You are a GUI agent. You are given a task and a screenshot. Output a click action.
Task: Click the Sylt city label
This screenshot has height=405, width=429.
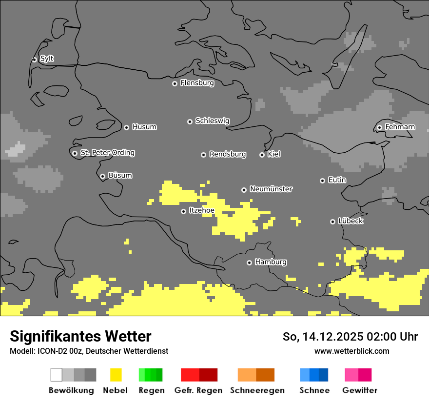(x=47, y=59)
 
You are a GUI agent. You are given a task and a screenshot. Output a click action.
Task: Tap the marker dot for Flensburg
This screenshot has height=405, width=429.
(x=175, y=83)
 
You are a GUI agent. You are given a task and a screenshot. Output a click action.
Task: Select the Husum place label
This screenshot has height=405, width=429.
(x=144, y=127)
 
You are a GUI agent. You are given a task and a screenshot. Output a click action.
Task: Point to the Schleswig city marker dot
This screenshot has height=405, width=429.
(x=190, y=121)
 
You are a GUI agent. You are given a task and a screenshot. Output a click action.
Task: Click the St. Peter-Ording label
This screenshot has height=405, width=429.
(x=107, y=153)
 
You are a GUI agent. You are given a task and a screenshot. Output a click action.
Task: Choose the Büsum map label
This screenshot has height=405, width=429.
(x=120, y=175)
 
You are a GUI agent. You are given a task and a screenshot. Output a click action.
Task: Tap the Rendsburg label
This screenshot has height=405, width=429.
(x=228, y=154)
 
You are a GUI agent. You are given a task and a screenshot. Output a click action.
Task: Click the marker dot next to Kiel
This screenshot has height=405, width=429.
(x=262, y=155)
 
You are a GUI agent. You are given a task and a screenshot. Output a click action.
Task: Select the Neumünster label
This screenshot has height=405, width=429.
(x=271, y=189)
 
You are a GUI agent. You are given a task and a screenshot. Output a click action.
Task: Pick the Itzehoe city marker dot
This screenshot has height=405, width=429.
(x=183, y=211)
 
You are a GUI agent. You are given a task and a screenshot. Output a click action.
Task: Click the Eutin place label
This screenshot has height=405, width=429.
(x=337, y=180)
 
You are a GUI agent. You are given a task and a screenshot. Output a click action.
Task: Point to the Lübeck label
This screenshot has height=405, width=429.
(x=351, y=221)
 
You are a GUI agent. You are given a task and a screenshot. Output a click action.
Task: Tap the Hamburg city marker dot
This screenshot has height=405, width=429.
(x=249, y=263)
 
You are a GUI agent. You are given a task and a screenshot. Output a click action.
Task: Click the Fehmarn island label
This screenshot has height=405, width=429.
(x=400, y=127)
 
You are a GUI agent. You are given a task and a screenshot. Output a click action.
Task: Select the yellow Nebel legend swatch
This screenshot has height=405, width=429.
(x=116, y=375)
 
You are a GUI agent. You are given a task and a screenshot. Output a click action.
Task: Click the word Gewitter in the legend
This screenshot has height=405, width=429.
(x=359, y=390)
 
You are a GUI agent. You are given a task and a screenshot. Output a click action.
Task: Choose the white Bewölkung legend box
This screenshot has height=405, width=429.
(x=57, y=375)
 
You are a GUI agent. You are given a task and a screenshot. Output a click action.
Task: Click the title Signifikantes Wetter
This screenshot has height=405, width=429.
(x=80, y=336)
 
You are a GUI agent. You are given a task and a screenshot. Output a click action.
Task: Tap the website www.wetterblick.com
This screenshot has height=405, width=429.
(x=351, y=351)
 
